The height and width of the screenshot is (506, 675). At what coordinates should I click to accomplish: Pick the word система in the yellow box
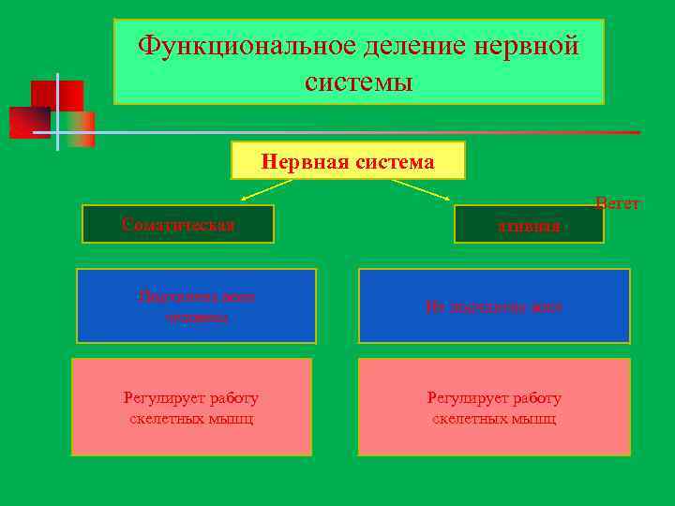[x=396, y=162]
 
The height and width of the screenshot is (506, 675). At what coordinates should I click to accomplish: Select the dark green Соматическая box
[x=178, y=224]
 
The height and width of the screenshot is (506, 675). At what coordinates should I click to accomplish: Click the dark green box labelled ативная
[x=529, y=225]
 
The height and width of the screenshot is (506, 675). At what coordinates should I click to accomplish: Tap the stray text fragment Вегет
[x=617, y=202]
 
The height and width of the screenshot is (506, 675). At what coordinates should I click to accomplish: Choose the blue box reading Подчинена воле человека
[x=196, y=306]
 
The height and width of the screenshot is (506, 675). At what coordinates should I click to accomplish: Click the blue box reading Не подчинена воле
[x=494, y=306]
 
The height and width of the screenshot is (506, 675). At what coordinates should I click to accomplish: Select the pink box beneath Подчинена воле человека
[x=191, y=408]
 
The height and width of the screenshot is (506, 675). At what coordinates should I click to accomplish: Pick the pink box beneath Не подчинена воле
[x=494, y=408]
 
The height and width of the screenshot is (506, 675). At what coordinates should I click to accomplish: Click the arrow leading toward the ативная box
[x=423, y=190]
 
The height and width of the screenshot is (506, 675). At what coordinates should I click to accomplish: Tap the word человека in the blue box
[x=196, y=317]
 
